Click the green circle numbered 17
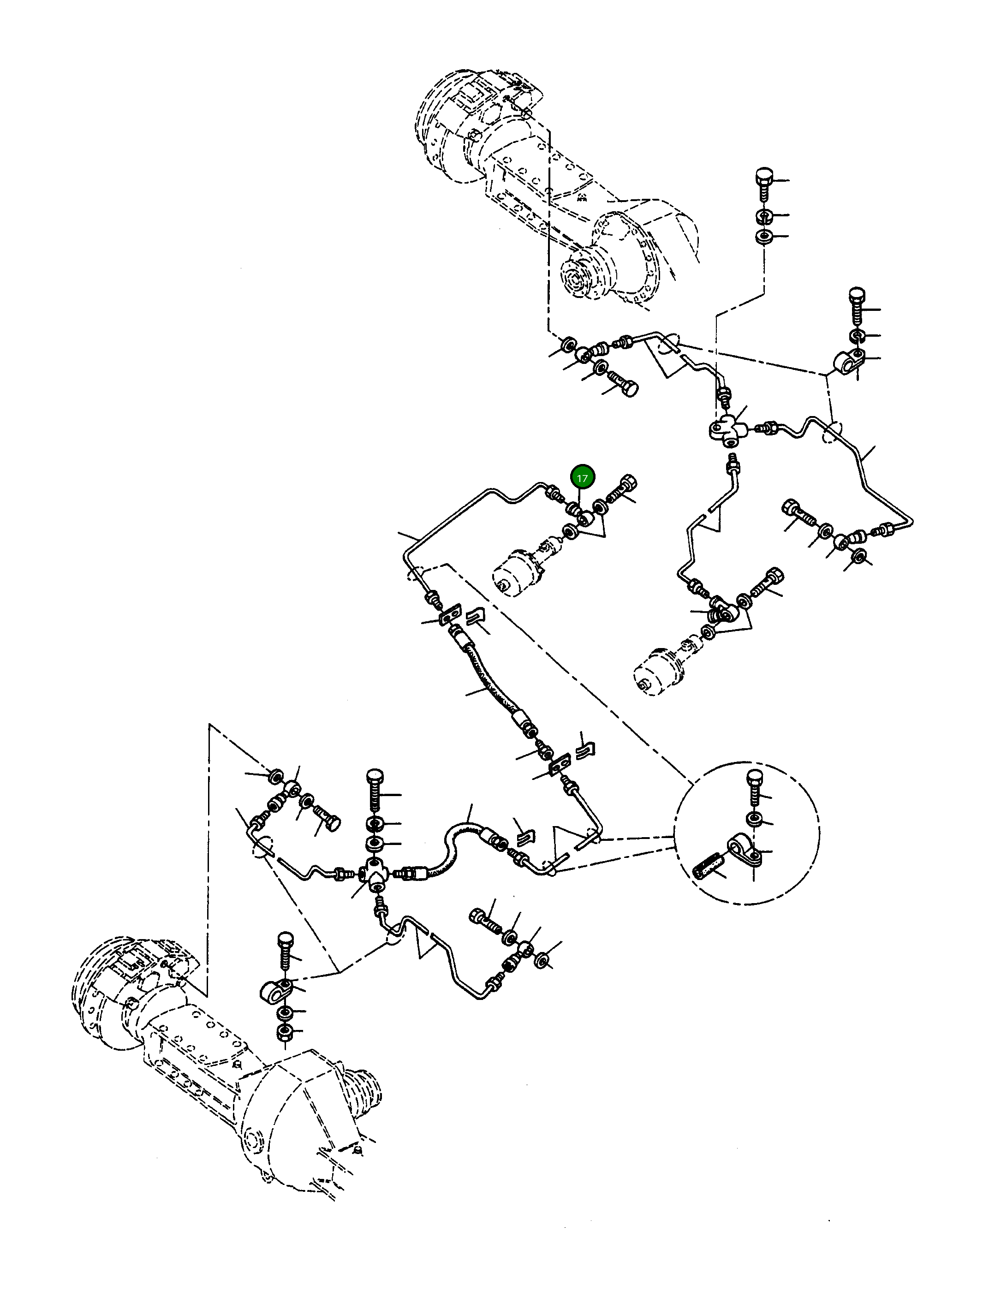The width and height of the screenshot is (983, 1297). pos(583,478)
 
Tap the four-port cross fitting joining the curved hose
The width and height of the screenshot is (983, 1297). pos(374,874)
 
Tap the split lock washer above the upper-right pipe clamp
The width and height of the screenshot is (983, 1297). pos(857,335)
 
